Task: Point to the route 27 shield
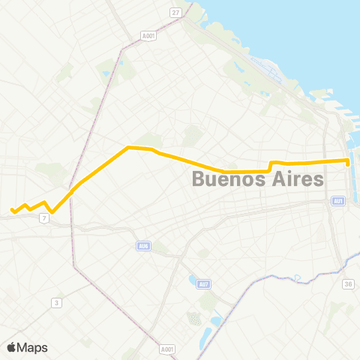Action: tap(175, 13)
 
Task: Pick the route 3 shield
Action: tap(55, 302)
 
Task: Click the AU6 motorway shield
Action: tap(144, 245)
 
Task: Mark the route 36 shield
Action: tap(348, 283)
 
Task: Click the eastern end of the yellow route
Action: tap(349, 161)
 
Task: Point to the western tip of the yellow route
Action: tap(11, 210)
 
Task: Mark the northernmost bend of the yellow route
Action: tap(130, 147)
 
